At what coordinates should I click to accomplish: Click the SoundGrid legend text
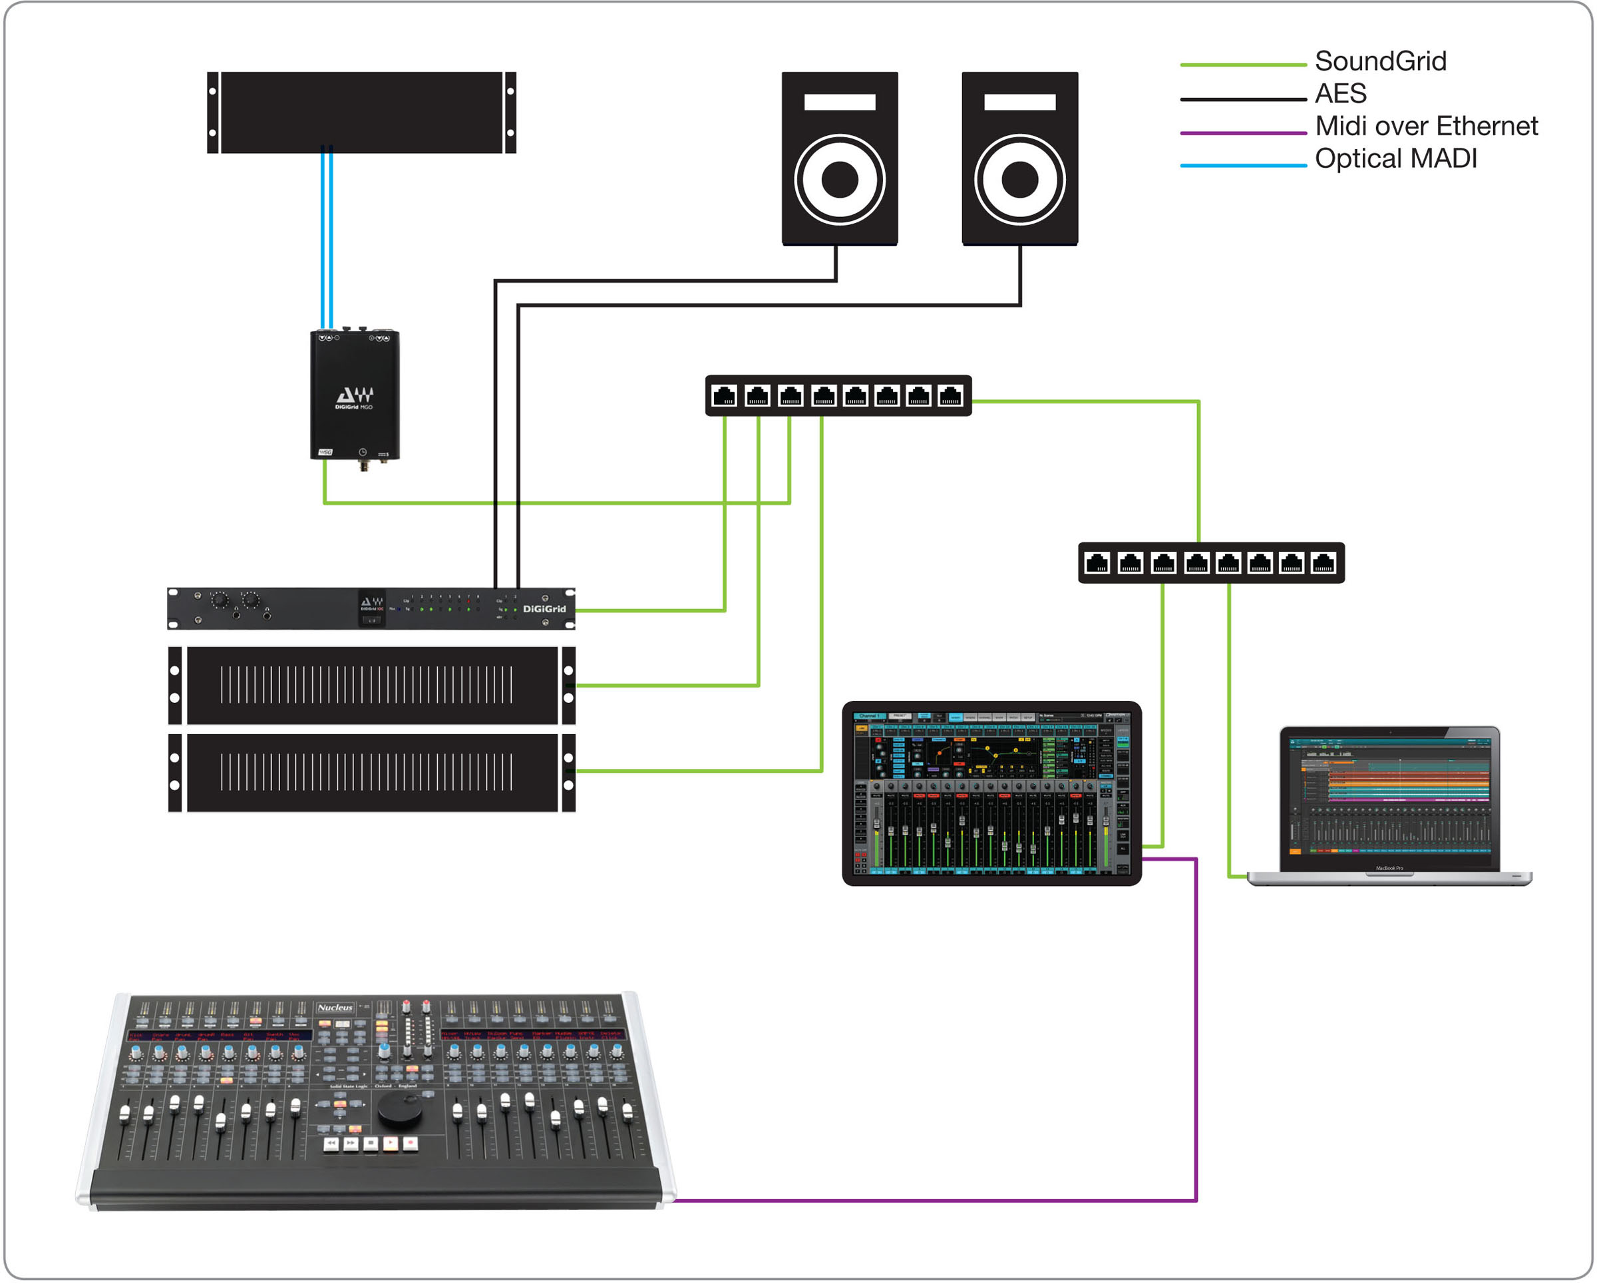(1380, 61)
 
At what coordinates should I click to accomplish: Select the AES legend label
(1340, 93)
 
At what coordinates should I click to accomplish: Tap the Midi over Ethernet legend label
(1426, 126)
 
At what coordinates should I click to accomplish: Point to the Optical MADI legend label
(1395, 158)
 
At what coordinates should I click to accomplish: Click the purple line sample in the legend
(1242, 133)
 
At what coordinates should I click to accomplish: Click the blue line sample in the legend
(1242, 165)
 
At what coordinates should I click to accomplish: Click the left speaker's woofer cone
(839, 179)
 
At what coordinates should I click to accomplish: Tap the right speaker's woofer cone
(1019, 179)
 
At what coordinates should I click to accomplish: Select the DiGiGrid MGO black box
(354, 395)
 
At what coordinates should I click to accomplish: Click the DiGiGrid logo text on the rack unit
(544, 609)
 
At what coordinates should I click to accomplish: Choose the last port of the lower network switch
(1323, 563)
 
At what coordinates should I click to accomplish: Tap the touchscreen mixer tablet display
(991, 792)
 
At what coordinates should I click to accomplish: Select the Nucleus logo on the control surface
(335, 1008)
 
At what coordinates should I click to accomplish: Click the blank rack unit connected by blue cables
(361, 112)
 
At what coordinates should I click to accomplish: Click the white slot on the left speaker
(839, 103)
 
